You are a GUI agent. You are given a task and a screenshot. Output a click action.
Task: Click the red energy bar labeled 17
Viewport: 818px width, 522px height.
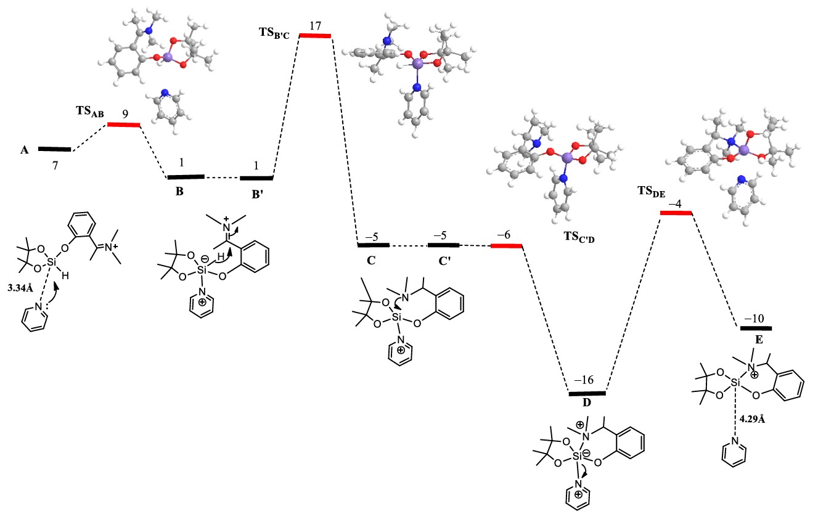tap(315, 35)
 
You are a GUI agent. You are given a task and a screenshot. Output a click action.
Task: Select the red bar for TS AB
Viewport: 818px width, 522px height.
tap(123, 124)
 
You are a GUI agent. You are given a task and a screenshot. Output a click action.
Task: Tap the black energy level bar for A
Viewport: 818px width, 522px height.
tap(54, 149)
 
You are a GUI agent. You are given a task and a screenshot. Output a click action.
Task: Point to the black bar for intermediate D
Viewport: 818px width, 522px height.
tap(587, 393)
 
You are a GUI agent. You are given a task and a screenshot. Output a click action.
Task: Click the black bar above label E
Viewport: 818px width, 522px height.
tap(756, 328)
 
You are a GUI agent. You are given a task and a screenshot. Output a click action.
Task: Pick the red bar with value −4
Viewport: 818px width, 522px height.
tap(676, 213)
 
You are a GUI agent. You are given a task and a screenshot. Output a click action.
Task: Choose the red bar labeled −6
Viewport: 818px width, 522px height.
tap(506, 246)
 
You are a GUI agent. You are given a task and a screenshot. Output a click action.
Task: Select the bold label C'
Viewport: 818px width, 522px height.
tap(444, 260)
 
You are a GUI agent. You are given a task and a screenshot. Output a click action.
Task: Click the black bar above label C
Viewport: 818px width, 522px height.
tap(374, 245)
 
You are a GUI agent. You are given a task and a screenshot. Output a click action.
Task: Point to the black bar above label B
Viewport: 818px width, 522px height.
tap(186, 177)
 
